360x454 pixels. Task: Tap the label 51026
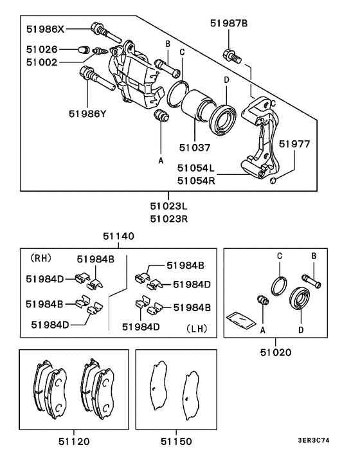[x=42, y=49]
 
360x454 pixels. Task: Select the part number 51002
[x=42, y=62]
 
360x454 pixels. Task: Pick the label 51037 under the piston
[x=195, y=147]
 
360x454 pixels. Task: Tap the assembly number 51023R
[x=168, y=219]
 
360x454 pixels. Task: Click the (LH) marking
[x=197, y=327]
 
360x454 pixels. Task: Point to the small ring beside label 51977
[x=274, y=181]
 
